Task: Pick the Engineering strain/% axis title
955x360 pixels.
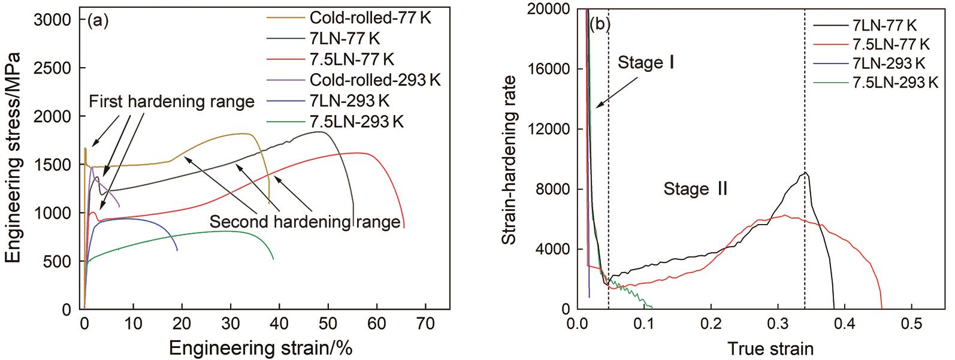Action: point(265,347)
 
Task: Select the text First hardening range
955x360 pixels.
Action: point(172,102)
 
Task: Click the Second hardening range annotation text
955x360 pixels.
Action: point(304,222)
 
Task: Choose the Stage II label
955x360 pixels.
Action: point(695,189)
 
